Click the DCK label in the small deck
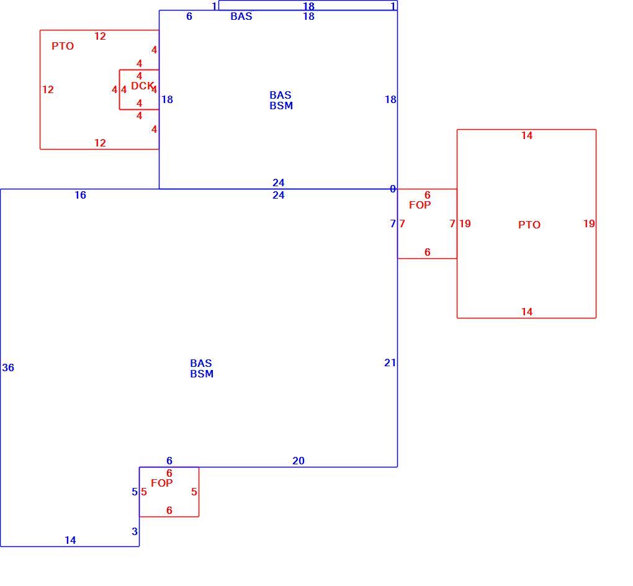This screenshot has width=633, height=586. click(x=143, y=86)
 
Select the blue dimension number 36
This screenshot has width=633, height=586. click(x=8, y=367)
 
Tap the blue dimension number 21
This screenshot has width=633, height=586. click(x=390, y=363)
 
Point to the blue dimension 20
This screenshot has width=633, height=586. click(x=299, y=461)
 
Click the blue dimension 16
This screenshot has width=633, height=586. click(x=80, y=195)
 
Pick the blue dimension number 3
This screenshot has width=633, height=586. click(x=135, y=531)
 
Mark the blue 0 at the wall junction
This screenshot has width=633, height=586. click(x=393, y=189)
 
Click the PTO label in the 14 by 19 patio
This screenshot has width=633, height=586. click(x=529, y=225)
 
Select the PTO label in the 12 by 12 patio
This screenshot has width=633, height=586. click(x=63, y=46)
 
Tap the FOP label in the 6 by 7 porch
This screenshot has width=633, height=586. click(x=420, y=205)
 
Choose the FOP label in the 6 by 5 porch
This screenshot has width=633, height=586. click(x=161, y=483)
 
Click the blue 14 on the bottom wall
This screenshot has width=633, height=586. click(x=70, y=540)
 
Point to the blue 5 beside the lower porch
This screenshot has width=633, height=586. click(x=135, y=492)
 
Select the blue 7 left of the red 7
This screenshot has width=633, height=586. click(x=393, y=223)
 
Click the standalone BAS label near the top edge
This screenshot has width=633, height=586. click(x=241, y=17)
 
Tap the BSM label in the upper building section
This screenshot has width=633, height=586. click(x=281, y=106)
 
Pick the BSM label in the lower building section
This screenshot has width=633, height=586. click(x=202, y=374)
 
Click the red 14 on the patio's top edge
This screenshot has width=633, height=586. click(x=527, y=136)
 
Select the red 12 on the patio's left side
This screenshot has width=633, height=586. click(x=48, y=89)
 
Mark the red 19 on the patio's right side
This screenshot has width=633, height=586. click(x=589, y=223)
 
